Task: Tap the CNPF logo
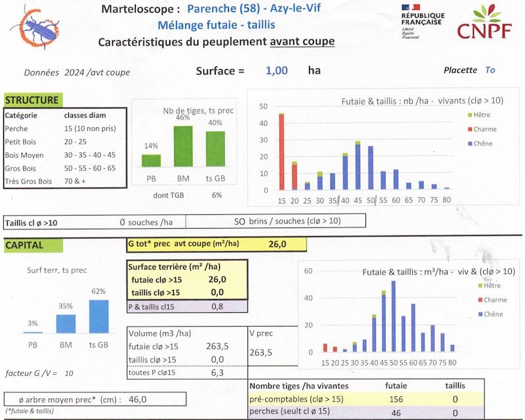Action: [x=484, y=24]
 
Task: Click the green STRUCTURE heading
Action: [x=31, y=101]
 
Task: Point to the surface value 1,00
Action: [x=276, y=71]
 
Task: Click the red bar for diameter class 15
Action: [x=282, y=152]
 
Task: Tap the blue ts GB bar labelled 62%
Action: [x=98, y=316]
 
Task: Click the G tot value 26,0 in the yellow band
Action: [x=277, y=245]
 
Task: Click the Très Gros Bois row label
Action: [x=28, y=181]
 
